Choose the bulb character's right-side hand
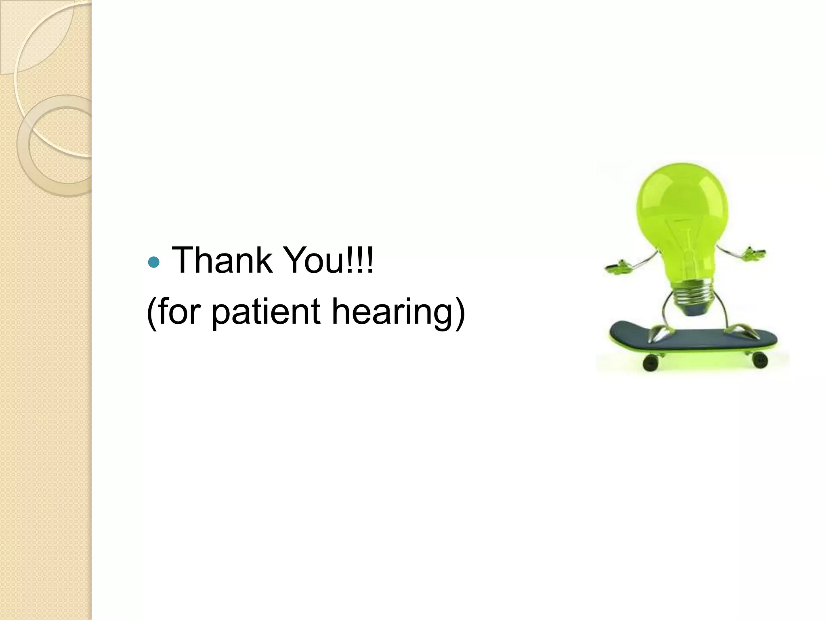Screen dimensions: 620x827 click(x=754, y=253)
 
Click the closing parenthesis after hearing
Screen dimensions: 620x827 click(x=460, y=312)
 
